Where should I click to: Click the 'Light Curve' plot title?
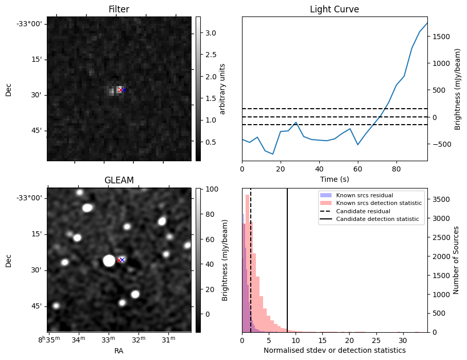[334, 10]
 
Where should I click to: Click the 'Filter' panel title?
[119, 10]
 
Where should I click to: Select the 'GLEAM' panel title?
[119, 180]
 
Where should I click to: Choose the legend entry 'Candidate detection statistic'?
[379, 220]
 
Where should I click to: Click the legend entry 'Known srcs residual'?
[364, 195]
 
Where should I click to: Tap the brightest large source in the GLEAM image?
[109, 261]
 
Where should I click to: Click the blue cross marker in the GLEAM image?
[123, 260]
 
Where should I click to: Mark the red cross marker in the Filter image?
[120, 90]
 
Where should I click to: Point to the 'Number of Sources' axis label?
[456, 260]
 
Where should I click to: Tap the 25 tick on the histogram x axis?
[376, 340]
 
